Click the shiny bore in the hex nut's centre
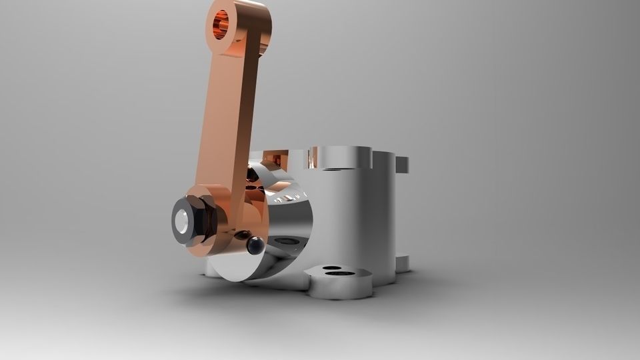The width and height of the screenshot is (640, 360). pos(182,220)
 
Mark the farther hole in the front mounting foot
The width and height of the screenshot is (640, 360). pos(329,268)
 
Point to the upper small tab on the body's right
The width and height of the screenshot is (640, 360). pos(402,164)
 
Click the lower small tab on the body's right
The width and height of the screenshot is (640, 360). pos(402,263)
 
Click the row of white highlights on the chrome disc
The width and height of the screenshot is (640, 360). pos(287,197)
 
